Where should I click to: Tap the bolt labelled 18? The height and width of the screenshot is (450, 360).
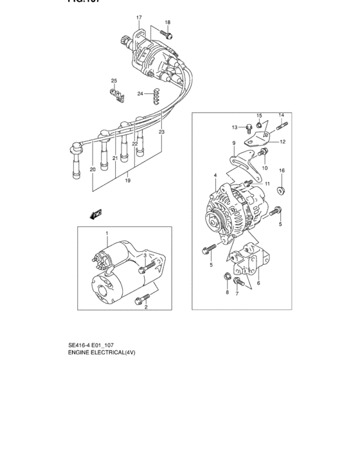click(168, 35)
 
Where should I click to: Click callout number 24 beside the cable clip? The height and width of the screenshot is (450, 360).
click(140, 94)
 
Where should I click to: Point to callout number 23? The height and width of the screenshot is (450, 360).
click(162, 132)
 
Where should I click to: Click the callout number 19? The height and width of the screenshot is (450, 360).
click(128, 181)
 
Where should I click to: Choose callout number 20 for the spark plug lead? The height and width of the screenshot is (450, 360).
click(93, 170)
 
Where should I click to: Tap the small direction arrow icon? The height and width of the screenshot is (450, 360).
click(97, 215)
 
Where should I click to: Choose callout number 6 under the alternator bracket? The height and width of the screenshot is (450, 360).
click(258, 283)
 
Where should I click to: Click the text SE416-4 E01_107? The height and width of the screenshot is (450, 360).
click(96, 345)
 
